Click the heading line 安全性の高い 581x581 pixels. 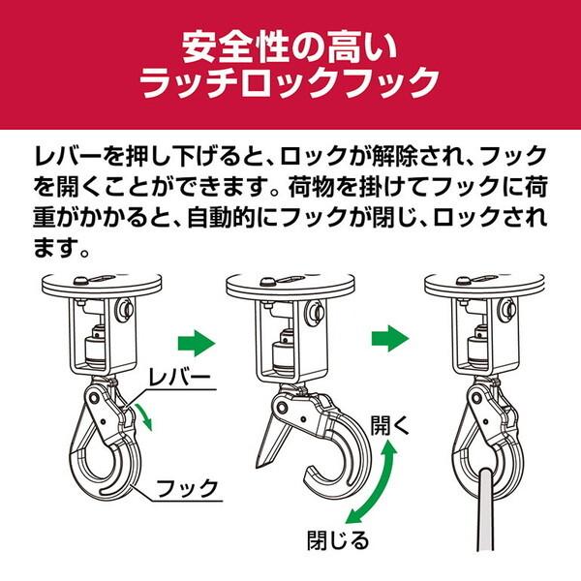pos(290,47)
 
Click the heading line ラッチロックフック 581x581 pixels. pos(290,82)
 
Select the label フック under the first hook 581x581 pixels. pos(187,488)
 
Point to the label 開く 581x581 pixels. pos(390,425)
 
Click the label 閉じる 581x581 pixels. pos(338,540)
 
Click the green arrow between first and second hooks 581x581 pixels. pos(197,343)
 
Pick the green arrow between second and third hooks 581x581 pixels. pos(390,338)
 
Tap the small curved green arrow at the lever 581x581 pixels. pos(144,417)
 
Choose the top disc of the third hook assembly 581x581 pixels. pos(485,285)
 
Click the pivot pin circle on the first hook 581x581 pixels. pos(93,398)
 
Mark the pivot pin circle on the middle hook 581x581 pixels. pos(282,408)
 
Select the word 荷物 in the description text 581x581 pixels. pos(314,188)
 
